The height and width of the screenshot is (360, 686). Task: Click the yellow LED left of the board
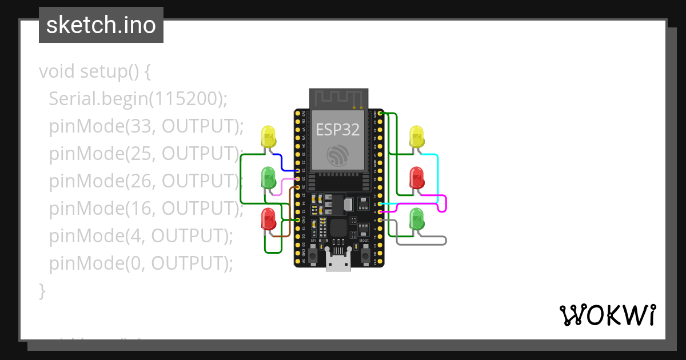pyautogui.click(x=268, y=137)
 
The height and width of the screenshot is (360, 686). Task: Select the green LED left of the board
pyautogui.click(x=268, y=178)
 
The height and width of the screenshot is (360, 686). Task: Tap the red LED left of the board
pyautogui.click(x=268, y=219)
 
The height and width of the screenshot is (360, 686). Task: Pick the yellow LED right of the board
pyautogui.click(x=417, y=137)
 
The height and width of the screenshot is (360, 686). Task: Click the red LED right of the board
pyautogui.click(x=417, y=178)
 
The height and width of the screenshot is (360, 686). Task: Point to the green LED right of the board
pyautogui.click(x=417, y=219)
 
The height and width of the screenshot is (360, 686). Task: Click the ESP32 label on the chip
pyautogui.click(x=338, y=130)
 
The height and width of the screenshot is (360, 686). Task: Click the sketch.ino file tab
pyautogui.click(x=101, y=25)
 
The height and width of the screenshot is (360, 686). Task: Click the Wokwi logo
pyautogui.click(x=608, y=315)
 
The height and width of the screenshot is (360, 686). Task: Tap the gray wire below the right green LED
pyautogui.click(x=423, y=244)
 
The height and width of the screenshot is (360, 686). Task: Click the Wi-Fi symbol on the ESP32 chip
pyautogui.click(x=338, y=155)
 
